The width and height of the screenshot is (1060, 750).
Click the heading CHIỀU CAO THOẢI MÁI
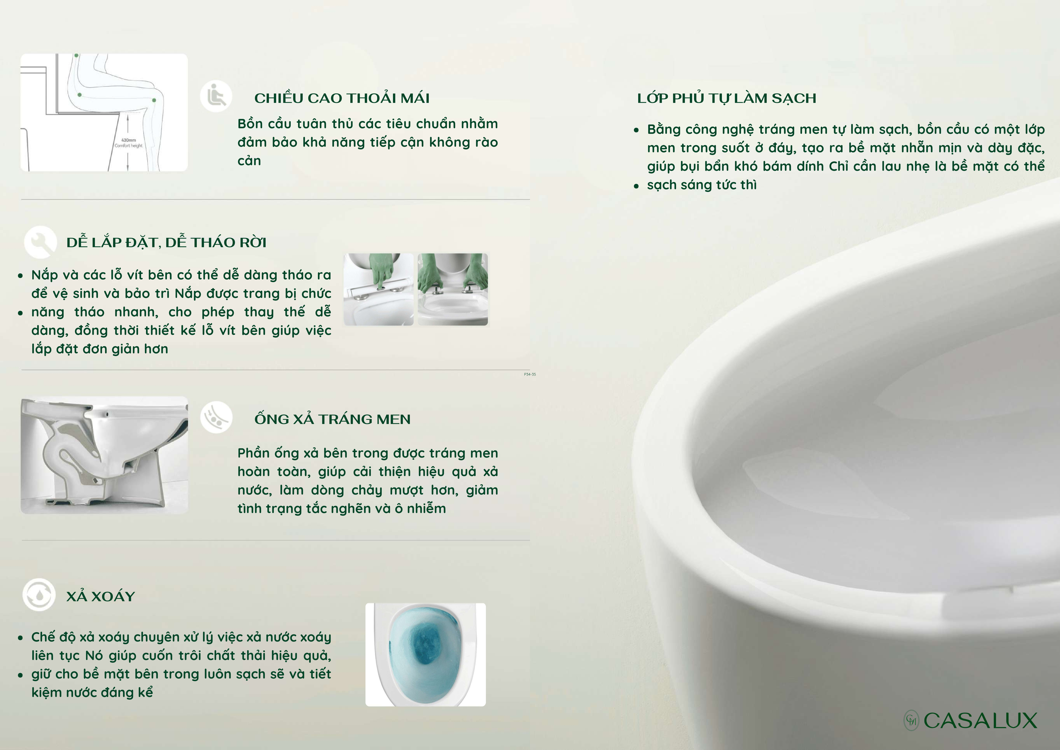coord(342,98)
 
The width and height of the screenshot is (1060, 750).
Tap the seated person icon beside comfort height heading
coord(216,96)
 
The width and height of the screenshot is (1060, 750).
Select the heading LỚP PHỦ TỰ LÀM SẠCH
coord(726,98)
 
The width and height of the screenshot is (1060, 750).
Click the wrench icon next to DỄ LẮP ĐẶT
coord(41,242)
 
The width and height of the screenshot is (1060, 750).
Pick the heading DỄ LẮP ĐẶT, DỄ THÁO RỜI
coord(166,242)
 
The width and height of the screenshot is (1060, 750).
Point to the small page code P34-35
coord(529,374)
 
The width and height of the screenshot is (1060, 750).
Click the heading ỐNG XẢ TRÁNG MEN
coord(332,419)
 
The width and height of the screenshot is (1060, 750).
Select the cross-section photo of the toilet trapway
coord(104,455)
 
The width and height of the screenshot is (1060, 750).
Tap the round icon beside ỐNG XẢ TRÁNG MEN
coord(216,417)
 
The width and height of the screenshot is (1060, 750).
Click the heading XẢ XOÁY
coord(101,596)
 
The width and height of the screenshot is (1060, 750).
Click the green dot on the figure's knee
coord(154,100)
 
